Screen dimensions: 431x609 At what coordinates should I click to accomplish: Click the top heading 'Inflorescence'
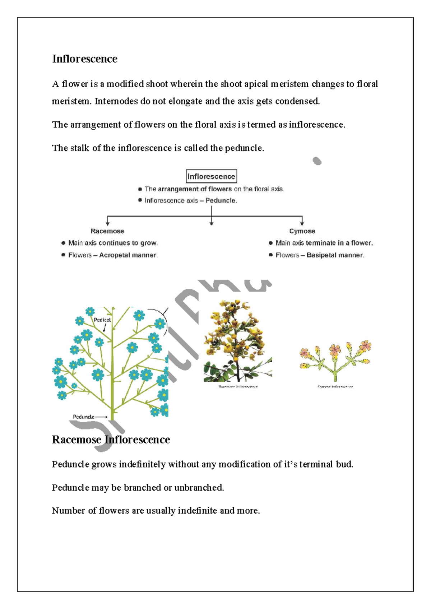pos(85,59)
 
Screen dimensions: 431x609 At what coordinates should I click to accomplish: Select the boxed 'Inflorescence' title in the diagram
pos(211,176)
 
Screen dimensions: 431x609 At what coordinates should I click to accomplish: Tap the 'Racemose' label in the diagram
pos(107,231)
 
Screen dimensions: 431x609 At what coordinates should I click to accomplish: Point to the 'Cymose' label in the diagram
pos(302,231)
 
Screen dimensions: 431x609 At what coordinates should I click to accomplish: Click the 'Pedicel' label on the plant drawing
pos(102,320)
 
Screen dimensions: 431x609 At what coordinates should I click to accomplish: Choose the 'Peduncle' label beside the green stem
pos(84,417)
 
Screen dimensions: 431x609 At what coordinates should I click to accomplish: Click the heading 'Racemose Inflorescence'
pos(111,440)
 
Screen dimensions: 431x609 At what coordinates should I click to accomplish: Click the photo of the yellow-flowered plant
pos(237,341)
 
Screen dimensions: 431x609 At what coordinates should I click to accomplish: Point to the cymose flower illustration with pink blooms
pos(335,361)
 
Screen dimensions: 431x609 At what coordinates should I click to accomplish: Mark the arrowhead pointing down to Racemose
pos(107,224)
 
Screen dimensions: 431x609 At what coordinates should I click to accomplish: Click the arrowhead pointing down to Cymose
pos(302,224)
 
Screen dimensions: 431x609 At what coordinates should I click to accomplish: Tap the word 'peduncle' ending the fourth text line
pos(244,148)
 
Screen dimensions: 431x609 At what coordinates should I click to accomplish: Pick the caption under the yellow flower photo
pos(238,387)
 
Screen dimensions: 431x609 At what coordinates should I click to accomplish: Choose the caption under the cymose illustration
pos(335,387)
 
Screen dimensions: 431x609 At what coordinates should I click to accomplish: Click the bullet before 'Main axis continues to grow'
pos(63,243)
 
